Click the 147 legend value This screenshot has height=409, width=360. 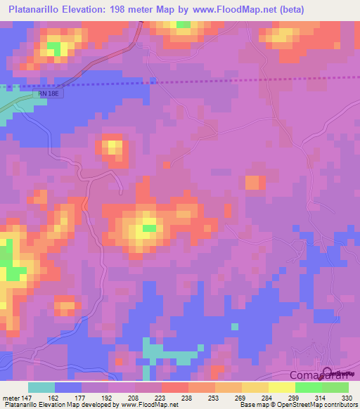[x=25, y=397]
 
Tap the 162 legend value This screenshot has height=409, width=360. [x=53, y=397]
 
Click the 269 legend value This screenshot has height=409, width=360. [x=241, y=397]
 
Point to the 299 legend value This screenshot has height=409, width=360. [x=295, y=397]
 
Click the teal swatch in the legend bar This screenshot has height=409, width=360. [x=41, y=387]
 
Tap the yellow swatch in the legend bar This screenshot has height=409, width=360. [x=282, y=387]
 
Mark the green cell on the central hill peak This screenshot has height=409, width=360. [x=149, y=227]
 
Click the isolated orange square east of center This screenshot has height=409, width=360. [x=252, y=182]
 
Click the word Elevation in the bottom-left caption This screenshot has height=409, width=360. [x=58, y=405]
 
